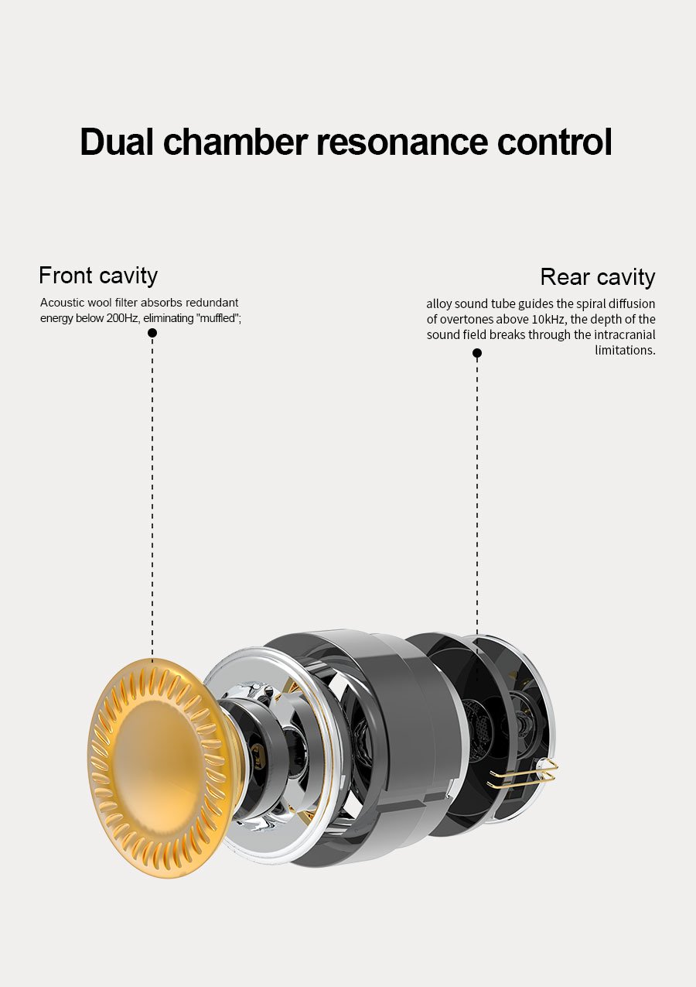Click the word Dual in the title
(116, 142)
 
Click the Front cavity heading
(98, 276)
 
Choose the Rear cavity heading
(597, 277)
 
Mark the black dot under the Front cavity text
(152, 333)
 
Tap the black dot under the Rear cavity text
(477, 353)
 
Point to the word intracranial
(625, 334)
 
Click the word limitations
(625, 350)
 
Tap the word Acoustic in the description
(61, 303)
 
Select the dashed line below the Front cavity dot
(152, 495)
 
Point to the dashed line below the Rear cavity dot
(477, 495)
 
